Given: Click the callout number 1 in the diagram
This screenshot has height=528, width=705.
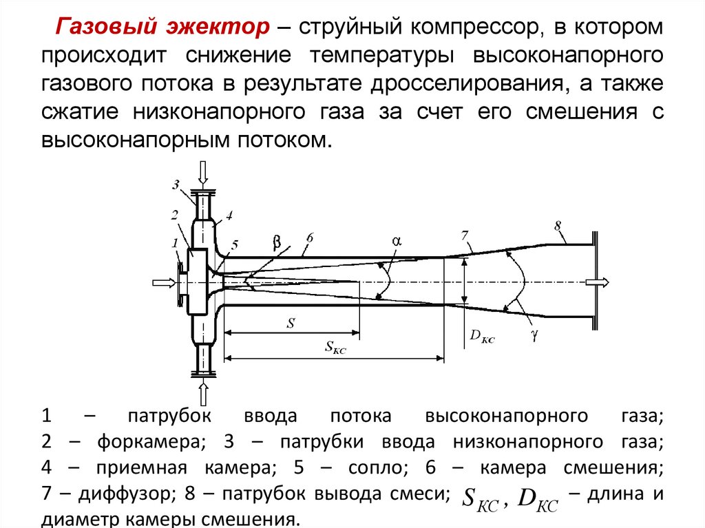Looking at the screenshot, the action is (x=175, y=242).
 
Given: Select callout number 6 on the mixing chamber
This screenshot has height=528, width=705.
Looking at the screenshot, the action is (x=310, y=237).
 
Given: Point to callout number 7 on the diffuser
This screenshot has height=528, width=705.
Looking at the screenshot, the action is (x=465, y=236).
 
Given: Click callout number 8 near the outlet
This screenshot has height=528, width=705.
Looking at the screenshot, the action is (x=558, y=224).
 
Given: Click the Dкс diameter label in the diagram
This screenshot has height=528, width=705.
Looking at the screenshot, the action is (x=482, y=337).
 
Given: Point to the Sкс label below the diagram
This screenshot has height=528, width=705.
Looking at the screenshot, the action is (x=335, y=348).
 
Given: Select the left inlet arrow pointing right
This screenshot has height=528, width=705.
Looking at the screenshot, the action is (x=163, y=282).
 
